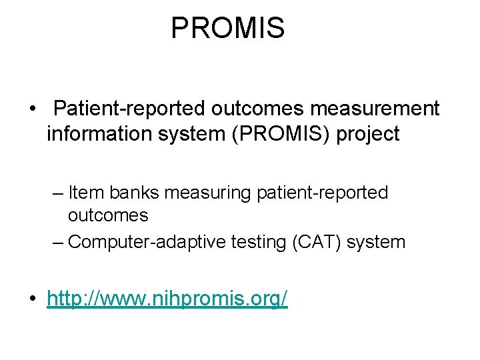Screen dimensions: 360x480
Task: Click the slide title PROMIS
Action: click(x=227, y=28)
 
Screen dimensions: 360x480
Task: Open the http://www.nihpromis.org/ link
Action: click(x=167, y=299)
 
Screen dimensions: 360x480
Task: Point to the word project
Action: click(x=369, y=134)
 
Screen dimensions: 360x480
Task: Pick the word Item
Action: click(x=86, y=193)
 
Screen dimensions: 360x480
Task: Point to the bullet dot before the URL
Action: click(x=32, y=299)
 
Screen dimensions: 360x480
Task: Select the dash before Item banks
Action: click(x=58, y=193)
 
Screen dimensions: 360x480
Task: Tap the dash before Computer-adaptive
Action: click(x=58, y=241)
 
